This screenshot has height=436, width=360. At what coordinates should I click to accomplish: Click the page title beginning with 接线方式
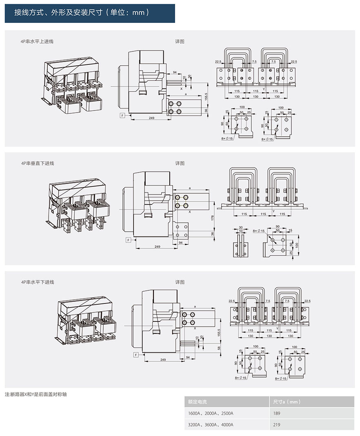82,13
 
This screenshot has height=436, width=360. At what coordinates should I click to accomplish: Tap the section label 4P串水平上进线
38,41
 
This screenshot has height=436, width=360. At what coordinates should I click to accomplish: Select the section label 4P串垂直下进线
38,163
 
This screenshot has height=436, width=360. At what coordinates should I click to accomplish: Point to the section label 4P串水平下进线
38,282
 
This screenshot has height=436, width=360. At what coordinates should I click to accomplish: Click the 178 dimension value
212,218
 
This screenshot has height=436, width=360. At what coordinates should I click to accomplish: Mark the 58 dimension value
219,348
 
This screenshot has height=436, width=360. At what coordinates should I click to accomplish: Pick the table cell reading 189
277,413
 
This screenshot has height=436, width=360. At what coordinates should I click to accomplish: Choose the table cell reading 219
277,425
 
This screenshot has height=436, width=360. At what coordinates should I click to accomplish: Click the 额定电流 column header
198,402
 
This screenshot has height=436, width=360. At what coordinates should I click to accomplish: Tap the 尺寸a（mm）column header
287,402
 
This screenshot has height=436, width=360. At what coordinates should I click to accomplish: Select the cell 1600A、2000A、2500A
211,413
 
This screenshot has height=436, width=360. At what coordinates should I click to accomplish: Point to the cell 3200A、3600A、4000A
211,425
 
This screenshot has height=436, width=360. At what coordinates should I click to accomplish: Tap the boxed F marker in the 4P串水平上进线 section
122,116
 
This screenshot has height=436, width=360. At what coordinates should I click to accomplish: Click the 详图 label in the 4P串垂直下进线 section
180,163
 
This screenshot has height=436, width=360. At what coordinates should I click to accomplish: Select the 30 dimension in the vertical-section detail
240,227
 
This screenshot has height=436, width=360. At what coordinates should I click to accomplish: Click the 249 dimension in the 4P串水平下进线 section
163,360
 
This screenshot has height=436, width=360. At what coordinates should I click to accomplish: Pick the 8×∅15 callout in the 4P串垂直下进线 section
259,231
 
